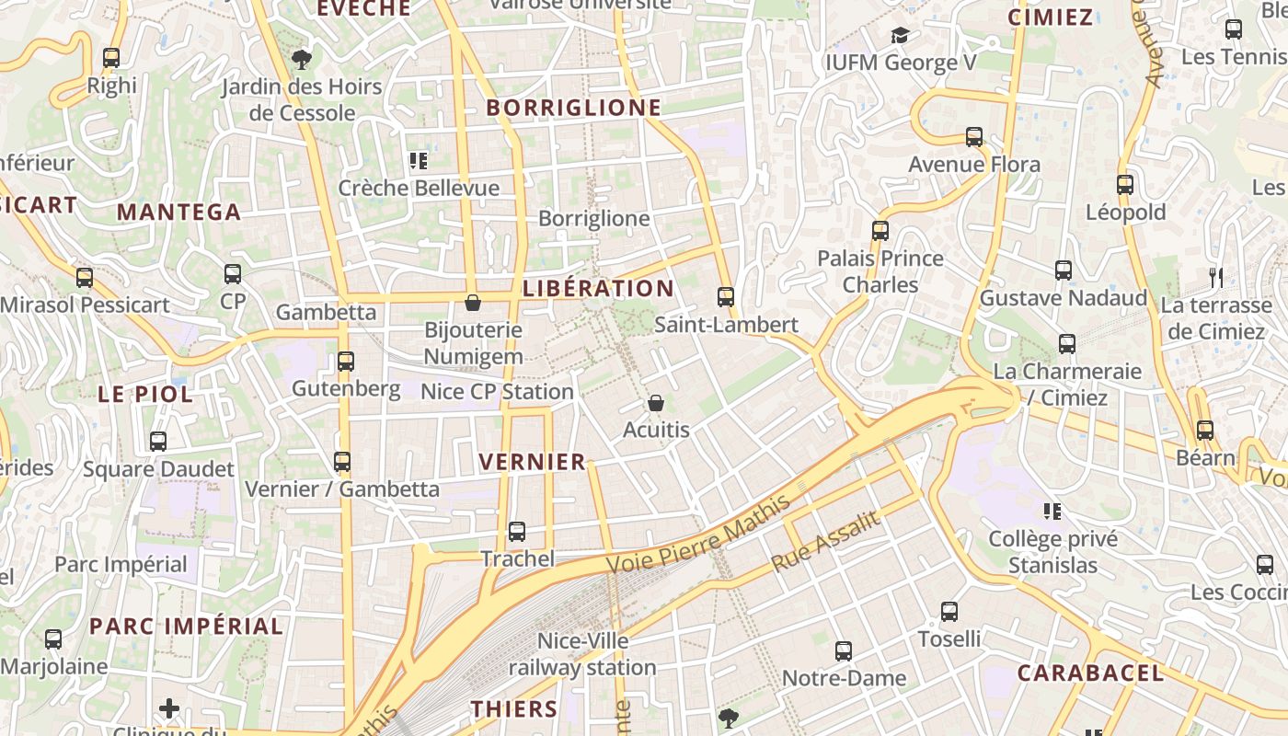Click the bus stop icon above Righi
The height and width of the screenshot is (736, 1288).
[111, 58]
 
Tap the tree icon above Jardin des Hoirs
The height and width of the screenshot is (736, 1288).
[301, 61]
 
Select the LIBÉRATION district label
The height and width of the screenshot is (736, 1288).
[599, 288]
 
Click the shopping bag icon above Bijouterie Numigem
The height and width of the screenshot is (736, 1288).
[473, 303]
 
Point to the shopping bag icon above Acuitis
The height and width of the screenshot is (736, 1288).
[656, 403]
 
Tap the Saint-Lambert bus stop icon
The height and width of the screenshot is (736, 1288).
[726, 297]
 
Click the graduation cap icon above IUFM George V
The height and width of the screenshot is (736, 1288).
[900, 36]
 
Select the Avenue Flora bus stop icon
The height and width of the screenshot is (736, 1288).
[974, 137]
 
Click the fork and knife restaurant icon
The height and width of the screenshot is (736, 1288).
[1216, 277]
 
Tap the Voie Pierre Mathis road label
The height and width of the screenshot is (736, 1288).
[699, 535]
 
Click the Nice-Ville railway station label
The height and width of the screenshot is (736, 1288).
[583, 654]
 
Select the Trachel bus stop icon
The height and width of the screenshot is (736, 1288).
[517, 532]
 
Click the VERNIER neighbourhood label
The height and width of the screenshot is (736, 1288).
[533, 462]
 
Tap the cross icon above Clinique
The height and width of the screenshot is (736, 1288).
[169, 707]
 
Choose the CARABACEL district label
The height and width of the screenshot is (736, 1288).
[1090, 673]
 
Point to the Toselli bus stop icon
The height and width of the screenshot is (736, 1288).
[949, 611]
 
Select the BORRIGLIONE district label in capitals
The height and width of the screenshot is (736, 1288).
[574, 108]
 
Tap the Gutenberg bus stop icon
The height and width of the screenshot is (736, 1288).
[346, 362]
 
